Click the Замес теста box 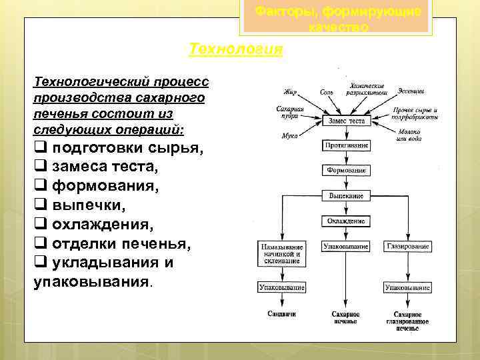tap(346, 121)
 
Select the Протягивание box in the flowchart tap(346, 145)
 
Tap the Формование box tap(346, 171)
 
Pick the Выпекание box tap(346, 196)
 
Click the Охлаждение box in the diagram tap(346, 221)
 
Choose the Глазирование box tap(407, 247)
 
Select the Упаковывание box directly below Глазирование tap(407, 287)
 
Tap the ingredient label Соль tap(327, 92)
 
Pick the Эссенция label tap(412, 90)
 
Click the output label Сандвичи tap(281, 313)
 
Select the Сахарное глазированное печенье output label tap(407, 321)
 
